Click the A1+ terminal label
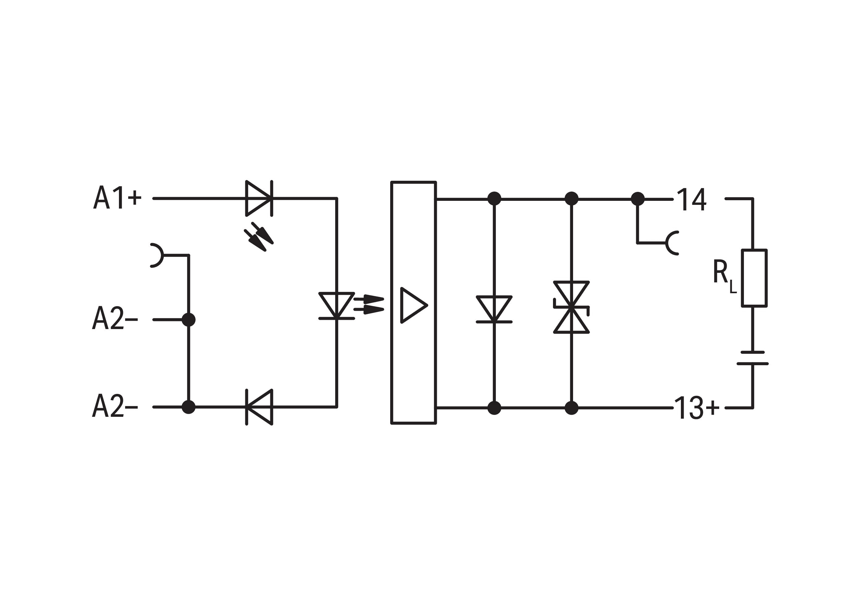click(x=117, y=197)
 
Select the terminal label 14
click(x=691, y=199)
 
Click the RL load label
click(x=724, y=276)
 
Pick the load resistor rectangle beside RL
click(x=754, y=278)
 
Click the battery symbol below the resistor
click(x=752, y=358)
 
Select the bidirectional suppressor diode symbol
click(x=571, y=307)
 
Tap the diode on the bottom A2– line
click(x=259, y=407)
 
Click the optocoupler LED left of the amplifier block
click(x=336, y=306)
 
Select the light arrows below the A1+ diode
click(x=259, y=237)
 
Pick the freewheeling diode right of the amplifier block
click(x=494, y=309)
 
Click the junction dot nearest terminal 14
click(x=638, y=199)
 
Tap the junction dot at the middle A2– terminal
click(x=188, y=320)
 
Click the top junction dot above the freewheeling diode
click(x=494, y=199)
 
